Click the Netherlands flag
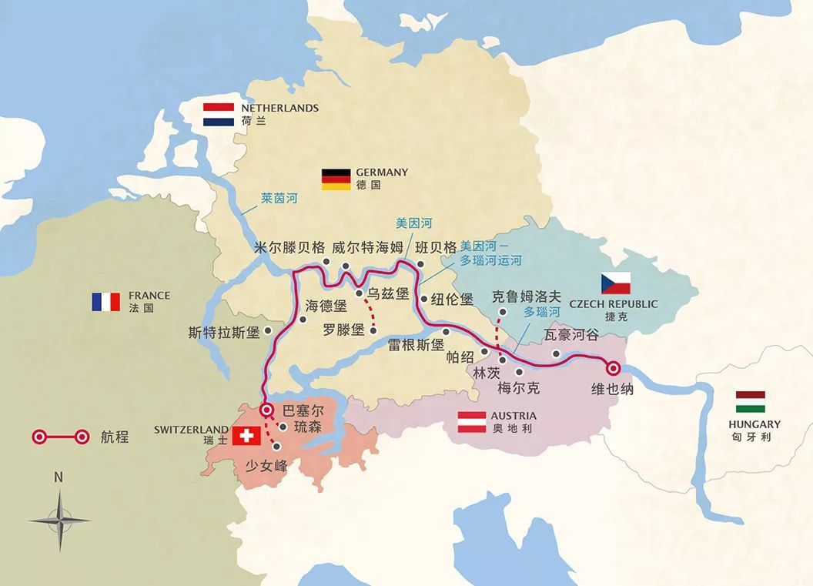click(x=219, y=115)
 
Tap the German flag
click(x=336, y=179)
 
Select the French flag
click(x=106, y=301)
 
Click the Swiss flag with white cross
click(x=246, y=436)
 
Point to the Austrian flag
click(x=472, y=422)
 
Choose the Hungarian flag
click(x=750, y=402)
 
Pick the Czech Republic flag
click(x=616, y=283)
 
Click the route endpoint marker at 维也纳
click(x=614, y=368)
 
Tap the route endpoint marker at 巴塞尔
click(x=266, y=410)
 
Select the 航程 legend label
click(x=113, y=437)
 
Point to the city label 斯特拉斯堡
click(x=224, y=333)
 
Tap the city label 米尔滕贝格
click(x=289, y=248)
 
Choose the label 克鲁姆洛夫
click(x=527, y=296)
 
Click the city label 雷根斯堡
click(x=416, y=345)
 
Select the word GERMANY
click(x=382, y=172)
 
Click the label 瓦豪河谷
click(x=570, y=335)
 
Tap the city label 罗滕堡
click(x=343, y=330)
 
